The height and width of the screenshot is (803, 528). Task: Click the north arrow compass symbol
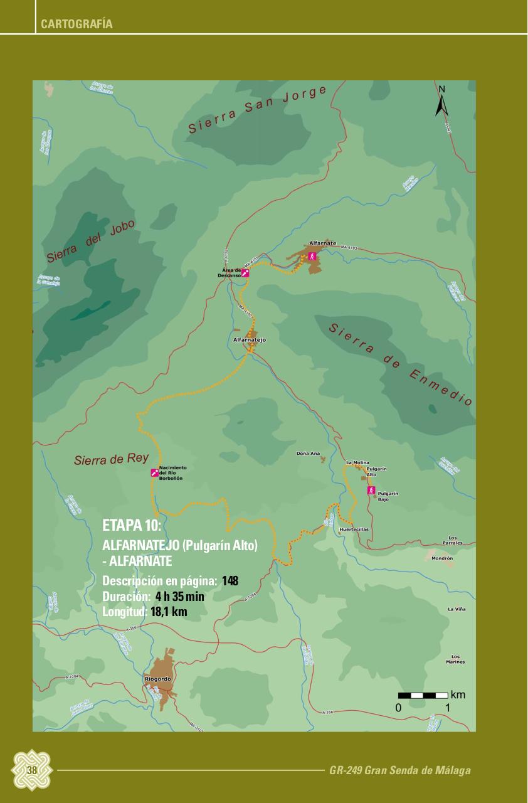tap(441, 102)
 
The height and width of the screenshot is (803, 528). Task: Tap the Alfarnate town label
tap(323, 243)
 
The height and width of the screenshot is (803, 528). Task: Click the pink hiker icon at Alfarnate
tap(312, 257)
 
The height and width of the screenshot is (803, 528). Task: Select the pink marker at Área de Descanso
tap(245, 274)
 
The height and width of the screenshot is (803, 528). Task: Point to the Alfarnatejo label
tap(250, 339)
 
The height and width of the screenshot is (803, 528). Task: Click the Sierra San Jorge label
tap(258, 109)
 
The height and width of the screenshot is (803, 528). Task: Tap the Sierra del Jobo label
tap(90, 242)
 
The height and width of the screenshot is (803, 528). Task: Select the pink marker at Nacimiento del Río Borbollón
tap(154, 472)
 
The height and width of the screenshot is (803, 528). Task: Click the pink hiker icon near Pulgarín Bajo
tap(371, 490)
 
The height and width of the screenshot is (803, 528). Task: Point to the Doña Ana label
tap(308, 453)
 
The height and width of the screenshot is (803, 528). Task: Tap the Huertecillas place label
tap(354, 529)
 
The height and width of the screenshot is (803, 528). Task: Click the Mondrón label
tap(442, 558)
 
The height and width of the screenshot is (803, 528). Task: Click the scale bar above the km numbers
tap(423, 695)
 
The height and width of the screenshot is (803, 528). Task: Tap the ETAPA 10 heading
tap(132, 524)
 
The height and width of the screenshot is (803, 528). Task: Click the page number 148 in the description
tap(230, 582)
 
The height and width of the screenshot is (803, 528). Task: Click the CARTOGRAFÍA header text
tap(77, 24)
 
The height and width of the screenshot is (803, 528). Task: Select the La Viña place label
tap(456, 609)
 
